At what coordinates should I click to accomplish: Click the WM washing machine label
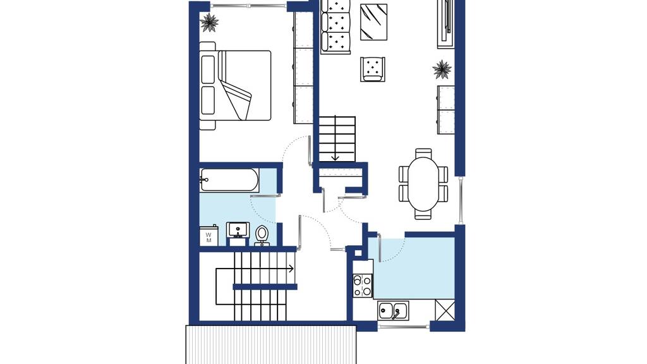209,238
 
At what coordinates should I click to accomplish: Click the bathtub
229,179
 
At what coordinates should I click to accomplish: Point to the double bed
235,85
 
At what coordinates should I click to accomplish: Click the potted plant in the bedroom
209,22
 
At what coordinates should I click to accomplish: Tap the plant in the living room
442,69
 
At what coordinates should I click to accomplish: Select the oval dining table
423,184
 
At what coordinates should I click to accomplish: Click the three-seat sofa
336,27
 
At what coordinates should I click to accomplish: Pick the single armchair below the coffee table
373,69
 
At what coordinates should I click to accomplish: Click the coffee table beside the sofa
374,22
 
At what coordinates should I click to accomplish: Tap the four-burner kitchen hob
362,286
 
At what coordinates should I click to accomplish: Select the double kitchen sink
393,310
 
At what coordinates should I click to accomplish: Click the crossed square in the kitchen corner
445,310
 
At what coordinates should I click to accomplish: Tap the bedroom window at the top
248,6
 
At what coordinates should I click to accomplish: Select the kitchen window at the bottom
404,327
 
